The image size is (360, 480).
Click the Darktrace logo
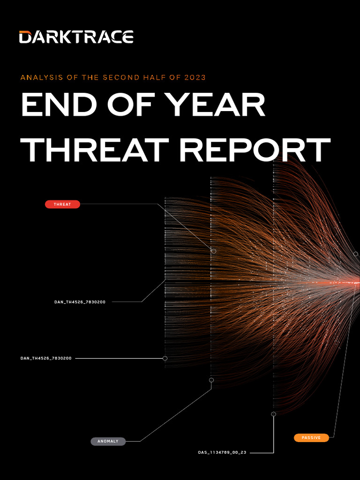click(76, 37)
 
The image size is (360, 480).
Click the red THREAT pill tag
click(62, 204)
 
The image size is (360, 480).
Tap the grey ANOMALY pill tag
click(108, 441)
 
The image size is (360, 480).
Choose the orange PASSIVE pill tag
click(311, 438)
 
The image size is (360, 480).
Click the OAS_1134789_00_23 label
click(222, 453)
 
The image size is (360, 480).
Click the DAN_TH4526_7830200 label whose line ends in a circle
click(46, 358)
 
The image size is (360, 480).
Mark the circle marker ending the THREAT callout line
click(214, 251)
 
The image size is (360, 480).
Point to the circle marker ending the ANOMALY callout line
click(211, 380)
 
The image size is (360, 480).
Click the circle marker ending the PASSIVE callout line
click(356, 254)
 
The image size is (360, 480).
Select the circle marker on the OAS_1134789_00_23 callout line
click(274, 414)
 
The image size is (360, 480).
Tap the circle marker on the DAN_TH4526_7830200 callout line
click(165, 358)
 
